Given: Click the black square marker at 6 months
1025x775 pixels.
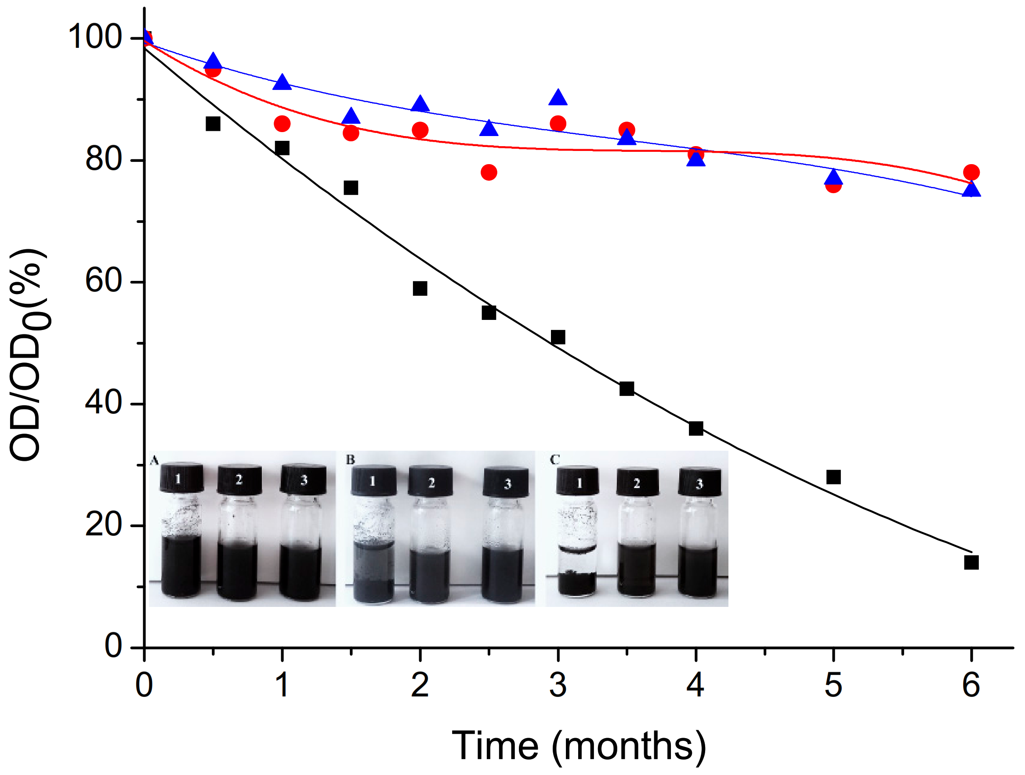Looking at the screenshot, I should click(x=971, y=563).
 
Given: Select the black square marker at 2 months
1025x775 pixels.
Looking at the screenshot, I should click(x=420, y=288).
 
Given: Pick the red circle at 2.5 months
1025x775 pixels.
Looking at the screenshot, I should click(x=489, y=172).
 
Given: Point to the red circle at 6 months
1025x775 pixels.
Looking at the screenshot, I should click(x=971, y=172).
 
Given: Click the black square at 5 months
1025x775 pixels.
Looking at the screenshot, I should click(x=833, y=477).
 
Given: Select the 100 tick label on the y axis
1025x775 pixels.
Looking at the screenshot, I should click(x=95, y=37).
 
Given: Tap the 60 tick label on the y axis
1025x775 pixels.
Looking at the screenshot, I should click(x=103, y=281).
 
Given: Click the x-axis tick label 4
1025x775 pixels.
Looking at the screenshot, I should click(x=695, y=685).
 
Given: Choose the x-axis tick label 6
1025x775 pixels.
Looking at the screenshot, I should click(x=971, y=685).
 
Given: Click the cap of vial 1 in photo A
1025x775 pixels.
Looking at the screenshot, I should click(x=181, y=478).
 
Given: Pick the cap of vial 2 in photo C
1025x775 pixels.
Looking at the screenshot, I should click(x=637, y=482).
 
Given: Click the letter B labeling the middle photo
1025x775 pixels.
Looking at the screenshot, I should click(x=350, y=459).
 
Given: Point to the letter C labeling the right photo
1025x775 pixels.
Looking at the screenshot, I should click(x=554, y=459).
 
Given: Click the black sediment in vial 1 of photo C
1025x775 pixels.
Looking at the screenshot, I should click(x=577, y=583).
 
